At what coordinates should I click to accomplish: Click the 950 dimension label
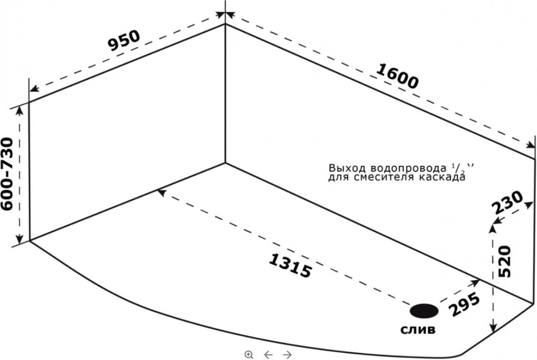click(124, 41)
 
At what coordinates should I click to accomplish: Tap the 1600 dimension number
click(397, 76)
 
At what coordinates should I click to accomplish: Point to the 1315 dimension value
click(290, 266)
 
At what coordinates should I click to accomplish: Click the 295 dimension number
click(465, 304)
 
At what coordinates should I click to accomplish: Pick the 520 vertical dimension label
click(504, 262)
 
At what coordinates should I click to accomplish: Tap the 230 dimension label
click(507, 203)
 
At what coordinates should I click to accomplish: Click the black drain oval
click(424, 311)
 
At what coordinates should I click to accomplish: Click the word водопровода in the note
click(408, 169)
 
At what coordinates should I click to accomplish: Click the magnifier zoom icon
click(249, 355)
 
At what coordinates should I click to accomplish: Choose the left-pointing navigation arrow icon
click(268, 355)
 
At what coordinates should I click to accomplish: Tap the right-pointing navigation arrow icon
click(287, 355)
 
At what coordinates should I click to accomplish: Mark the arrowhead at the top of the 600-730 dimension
click(20, 110)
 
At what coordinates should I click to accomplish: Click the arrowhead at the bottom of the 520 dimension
click(493, 328)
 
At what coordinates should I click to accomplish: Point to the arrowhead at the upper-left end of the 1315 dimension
click(162, 192)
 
